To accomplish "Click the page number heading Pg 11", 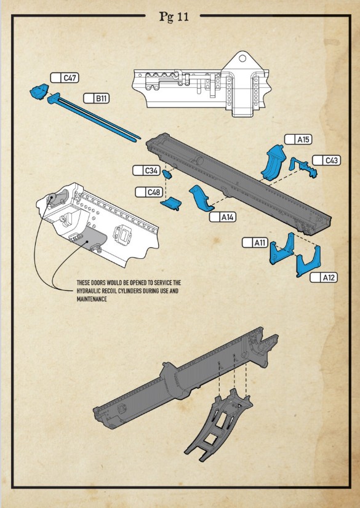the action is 174,17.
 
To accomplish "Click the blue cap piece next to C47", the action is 39,91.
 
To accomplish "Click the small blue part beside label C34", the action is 167,174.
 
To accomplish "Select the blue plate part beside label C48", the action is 171,204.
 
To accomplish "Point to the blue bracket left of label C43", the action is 303,167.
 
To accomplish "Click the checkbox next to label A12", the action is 316,277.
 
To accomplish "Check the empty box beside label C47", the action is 56,77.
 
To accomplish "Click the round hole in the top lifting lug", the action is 242,58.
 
